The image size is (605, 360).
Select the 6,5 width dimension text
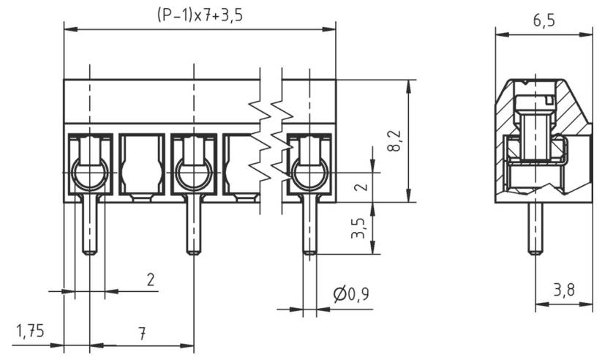(543, 20)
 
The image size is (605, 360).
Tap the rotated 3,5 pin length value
(358, 228)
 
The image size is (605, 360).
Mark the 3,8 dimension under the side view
(563, 290)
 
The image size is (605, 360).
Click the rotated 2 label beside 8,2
(358, 187)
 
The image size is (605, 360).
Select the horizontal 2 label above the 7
(151, 279)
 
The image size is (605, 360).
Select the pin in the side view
(536, 228)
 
